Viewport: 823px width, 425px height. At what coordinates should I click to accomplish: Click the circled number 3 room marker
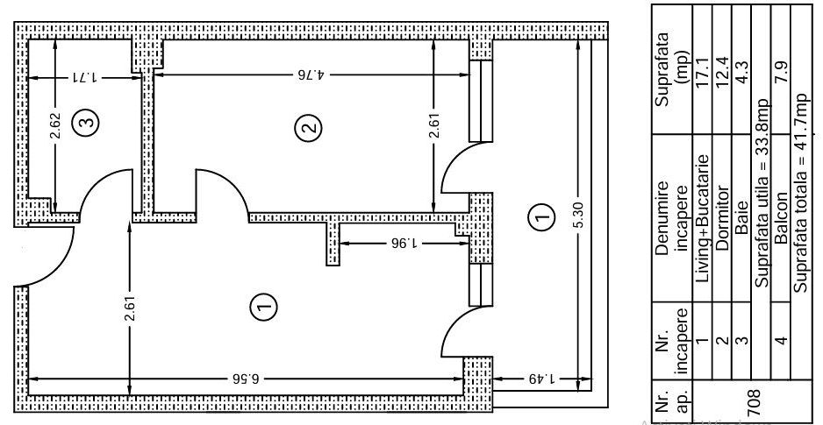click(x=87, y=122)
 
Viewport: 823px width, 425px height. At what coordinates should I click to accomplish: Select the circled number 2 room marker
click(x=309, y=127)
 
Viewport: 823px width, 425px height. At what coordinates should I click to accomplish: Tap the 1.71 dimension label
click(x=84, y=78)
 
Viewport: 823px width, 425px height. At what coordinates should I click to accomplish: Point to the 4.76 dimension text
click(x=311, y=74)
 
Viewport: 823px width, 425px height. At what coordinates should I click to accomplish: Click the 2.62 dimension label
click(x=55, y=126)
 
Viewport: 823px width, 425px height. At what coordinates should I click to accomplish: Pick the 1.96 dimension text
click(x=403, y=243)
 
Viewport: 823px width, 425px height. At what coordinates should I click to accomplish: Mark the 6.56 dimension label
click(x=246, y=378)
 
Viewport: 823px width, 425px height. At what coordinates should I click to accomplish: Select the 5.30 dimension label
click(x=578, y=216)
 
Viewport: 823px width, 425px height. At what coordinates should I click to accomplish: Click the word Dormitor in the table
click(x=722, y=218)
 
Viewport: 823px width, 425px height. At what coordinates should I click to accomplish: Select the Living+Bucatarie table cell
click(x=702, y=218)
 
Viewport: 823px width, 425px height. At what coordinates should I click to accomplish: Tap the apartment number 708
click(x=753, y=401)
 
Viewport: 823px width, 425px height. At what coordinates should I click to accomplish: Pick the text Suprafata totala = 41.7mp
click(x=800, y=193)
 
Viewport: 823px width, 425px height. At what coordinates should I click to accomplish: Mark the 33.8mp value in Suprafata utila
click(x=761, y=136)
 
